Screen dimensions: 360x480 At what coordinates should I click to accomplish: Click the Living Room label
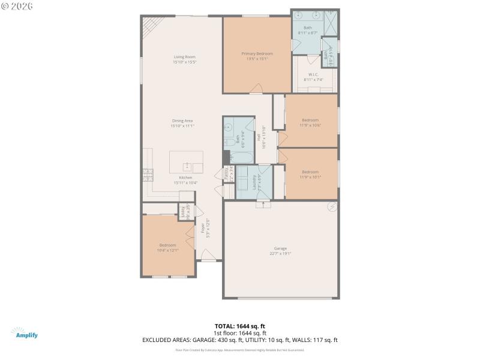[x=185, y=57]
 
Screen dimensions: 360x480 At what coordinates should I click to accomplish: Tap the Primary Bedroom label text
[x=257, y=53]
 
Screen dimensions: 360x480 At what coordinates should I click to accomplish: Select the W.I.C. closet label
[x=313, y=75]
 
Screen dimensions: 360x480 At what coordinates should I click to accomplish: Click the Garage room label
[x=280, y=248]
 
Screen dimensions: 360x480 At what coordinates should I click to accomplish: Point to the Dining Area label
[x=182, y=121]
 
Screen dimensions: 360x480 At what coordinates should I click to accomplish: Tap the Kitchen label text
[x=185, y=178]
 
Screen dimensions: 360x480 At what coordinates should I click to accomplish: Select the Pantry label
[x=226, y=174]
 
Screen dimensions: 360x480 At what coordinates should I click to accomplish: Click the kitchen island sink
[x=187, y=164]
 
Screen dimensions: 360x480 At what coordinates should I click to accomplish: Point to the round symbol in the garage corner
[x=331, y=207]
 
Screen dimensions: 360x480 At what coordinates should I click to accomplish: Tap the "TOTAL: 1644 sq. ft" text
[x=239, y=326]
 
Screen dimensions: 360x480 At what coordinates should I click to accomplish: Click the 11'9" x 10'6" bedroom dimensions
[x=310, y=125]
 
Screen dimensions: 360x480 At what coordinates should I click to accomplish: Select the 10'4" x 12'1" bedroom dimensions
[x=167, y=250]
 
